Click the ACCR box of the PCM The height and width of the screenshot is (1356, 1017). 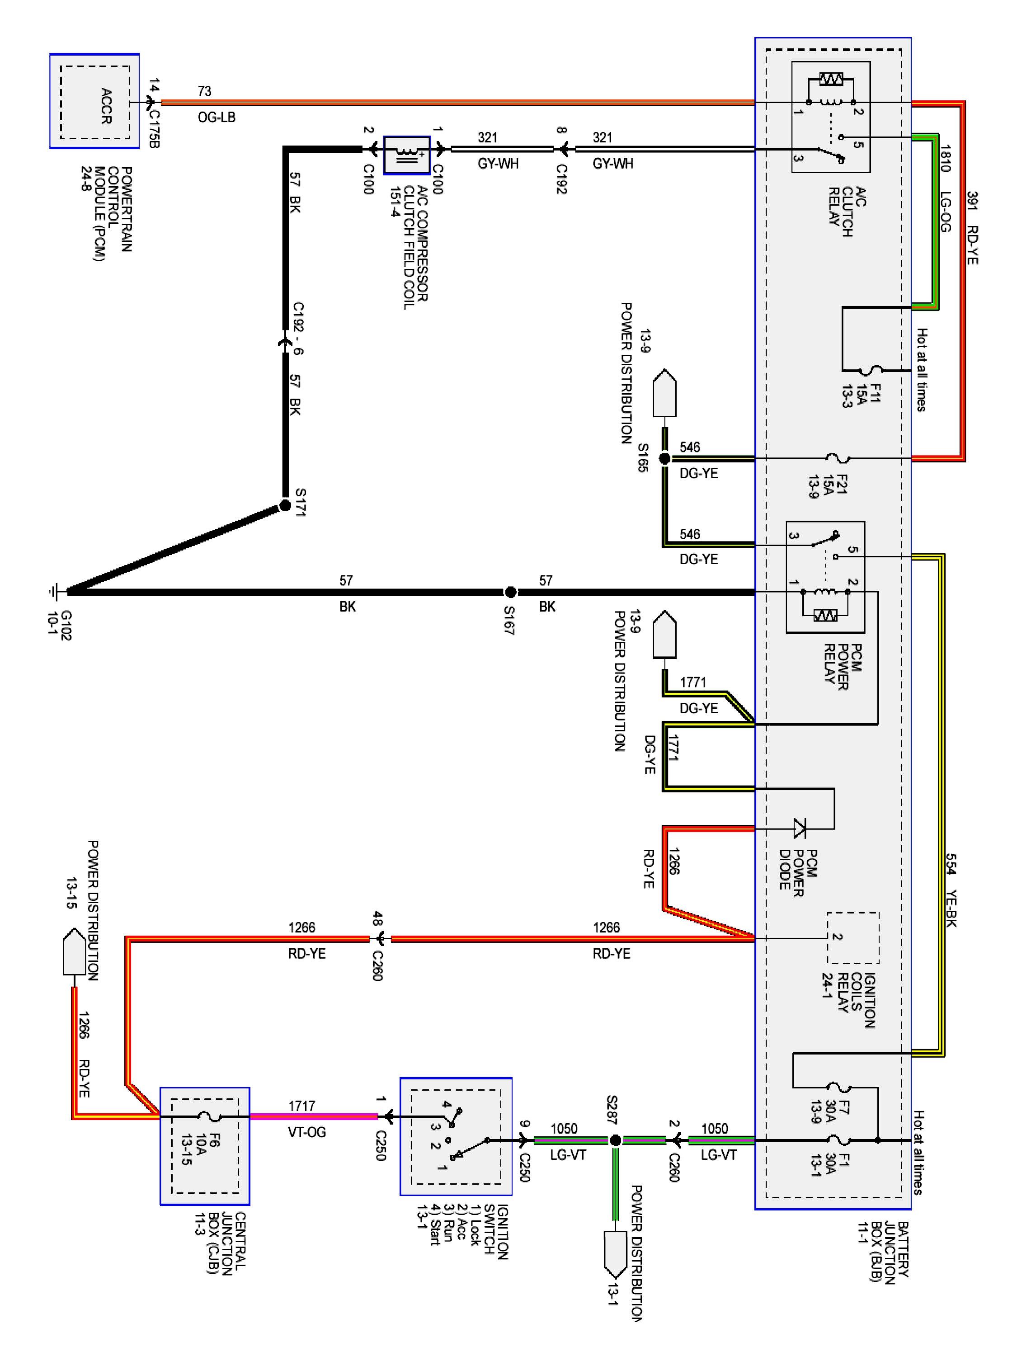(95, 102)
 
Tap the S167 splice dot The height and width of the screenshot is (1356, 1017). (510, 592)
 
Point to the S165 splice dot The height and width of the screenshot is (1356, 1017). (664, 458)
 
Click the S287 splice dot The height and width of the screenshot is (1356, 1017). (616, 1140)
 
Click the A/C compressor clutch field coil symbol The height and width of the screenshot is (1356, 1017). (406, 155)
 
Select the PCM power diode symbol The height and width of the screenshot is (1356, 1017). (800, 829)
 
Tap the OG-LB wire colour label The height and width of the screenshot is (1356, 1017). (217, 117)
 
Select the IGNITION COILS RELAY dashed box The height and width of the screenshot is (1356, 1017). (853, 937)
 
